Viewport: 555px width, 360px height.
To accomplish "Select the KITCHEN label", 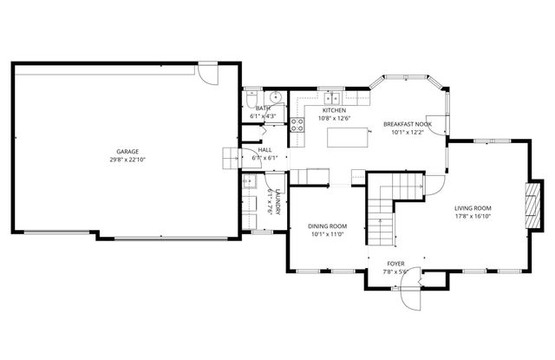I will (334, 110).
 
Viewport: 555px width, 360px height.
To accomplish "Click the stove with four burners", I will (297, 122).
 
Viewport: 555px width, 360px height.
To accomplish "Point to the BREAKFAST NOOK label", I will (407, 124).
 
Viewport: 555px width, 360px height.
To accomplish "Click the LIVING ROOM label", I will (473, 208).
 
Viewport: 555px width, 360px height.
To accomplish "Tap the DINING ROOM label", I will (328, 226).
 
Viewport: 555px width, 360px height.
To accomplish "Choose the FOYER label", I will (395, 263).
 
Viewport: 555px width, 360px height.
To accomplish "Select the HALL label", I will (264, 150).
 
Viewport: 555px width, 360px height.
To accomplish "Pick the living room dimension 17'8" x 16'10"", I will (473, 217).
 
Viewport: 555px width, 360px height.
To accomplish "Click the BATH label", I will (263, 108).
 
